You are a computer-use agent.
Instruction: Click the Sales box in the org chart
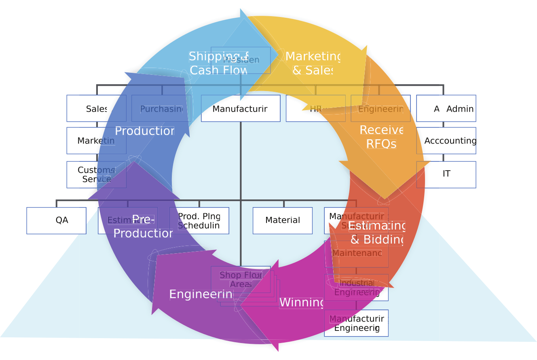pyautogui.click(x=96, y=108)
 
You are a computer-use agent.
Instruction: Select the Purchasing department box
pyautogui.click(x=161, y=108)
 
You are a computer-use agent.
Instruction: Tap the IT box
pyautogui.click(x=446, y=174)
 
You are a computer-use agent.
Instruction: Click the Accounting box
pyautogui.click(x=446, y=141)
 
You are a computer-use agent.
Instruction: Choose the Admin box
pyautogui.click(x=446, y=108)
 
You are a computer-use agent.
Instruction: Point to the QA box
pyautogui.click(x=56, y=220)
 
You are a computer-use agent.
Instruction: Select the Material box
pyautogui.click(x=283, y=220)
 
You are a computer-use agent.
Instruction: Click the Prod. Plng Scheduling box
pyautogui.click(x=199, y=220)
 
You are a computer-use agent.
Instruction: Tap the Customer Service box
pyautogui.click(x=96, y=175)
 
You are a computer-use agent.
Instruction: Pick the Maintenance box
pyautogui.click(x=356, y=254)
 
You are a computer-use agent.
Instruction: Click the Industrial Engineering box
pyautogui.click(x=356, y=288)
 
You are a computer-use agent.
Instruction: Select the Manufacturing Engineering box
pyautogui.click(x=356, y=323)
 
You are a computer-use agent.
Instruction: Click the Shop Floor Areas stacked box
pyautogui.click(x=241, y=280)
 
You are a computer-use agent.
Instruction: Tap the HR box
pyautogui.click(x=316, y=108)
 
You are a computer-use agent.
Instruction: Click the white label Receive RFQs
pyautogui.click(x=381, y=137)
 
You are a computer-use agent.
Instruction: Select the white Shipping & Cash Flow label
pyautogui.click(x=219, y=63)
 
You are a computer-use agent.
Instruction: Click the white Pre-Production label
pyautogui.click(x=143, y=227)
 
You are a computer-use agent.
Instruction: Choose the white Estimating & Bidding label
pyautogui.click(x=376, y=233)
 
